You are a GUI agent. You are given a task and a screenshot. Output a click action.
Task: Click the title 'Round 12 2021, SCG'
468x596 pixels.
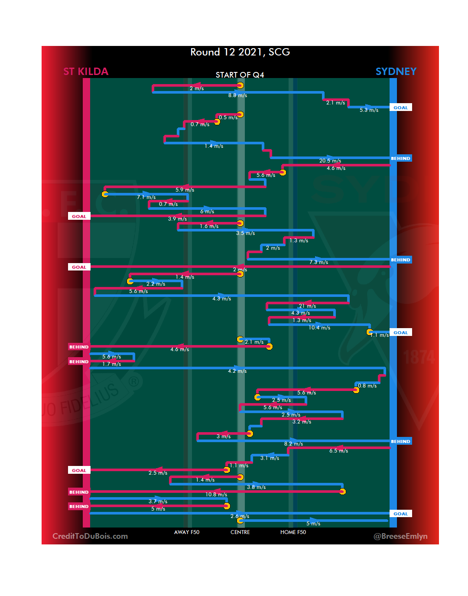240,52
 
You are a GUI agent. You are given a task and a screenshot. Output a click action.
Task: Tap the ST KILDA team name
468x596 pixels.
86,72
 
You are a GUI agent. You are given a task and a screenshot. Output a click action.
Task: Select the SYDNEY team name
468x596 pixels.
396,72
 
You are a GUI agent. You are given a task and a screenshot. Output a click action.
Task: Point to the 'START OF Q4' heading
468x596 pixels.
240,75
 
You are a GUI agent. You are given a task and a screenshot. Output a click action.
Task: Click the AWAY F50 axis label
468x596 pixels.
187,532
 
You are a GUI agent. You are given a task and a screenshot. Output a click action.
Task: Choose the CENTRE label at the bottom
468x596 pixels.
240,532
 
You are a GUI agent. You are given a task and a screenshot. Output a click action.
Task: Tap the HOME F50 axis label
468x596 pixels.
293,532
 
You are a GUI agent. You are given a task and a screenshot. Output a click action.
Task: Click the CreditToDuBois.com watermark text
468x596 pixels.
90,536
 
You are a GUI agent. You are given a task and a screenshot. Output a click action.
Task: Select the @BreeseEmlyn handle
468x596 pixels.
400,536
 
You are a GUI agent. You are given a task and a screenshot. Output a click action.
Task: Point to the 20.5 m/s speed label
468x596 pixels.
330,161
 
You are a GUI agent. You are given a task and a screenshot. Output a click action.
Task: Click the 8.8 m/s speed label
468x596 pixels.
237,95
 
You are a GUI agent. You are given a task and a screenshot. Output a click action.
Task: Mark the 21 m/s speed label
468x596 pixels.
307,306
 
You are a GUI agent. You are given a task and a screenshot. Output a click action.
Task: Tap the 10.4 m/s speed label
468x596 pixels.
319,328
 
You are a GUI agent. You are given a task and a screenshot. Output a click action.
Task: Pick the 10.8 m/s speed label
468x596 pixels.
216,495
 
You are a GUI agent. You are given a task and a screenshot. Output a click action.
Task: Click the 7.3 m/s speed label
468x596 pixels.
318,262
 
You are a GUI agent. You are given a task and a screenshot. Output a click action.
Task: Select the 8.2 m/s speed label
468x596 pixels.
293,444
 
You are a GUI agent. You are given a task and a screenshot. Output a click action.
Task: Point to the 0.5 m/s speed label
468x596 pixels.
228,117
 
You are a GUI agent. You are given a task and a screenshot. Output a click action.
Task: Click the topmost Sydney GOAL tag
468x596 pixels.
400,107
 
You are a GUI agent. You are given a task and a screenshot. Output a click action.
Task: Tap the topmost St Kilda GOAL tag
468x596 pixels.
79,216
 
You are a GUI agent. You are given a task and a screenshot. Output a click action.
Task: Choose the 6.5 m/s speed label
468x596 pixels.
338,451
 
